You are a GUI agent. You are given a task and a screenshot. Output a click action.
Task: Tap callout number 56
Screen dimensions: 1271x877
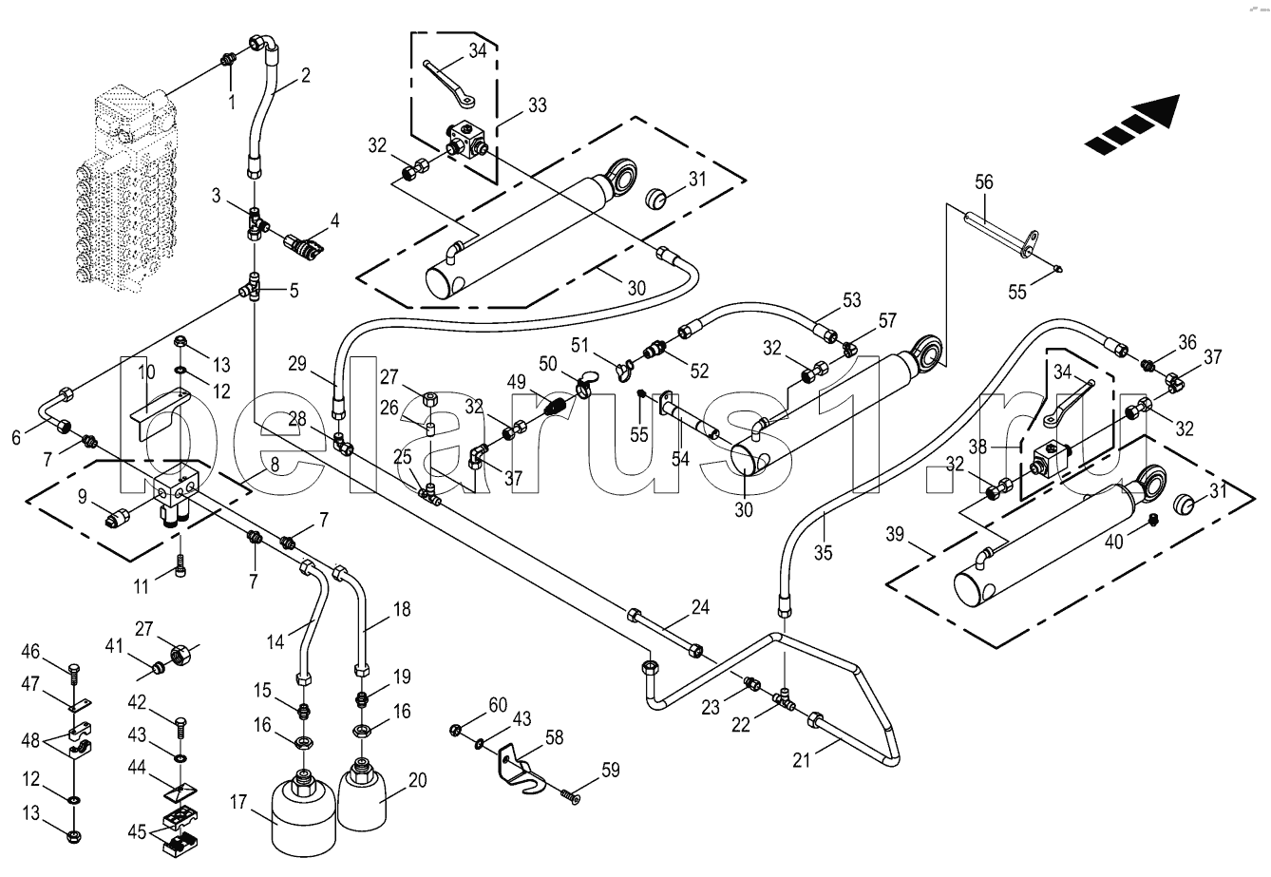[984, 182]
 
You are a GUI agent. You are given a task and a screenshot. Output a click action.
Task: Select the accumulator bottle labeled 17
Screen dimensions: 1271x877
[304, 811]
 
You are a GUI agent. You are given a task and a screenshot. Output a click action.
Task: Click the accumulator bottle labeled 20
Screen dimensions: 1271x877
[363, 795]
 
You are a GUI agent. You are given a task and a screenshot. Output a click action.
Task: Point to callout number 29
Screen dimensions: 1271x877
[297, 364]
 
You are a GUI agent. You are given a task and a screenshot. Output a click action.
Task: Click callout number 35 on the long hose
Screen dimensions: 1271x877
[823, 552]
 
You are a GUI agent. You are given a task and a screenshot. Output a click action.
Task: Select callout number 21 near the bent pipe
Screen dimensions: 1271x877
[801, 760]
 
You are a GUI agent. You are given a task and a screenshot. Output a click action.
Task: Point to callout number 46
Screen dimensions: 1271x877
[30, 651]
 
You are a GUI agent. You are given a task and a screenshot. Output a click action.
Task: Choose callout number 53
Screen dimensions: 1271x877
[852, 300]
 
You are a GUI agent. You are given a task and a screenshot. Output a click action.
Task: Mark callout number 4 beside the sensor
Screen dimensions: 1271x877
[334, 220]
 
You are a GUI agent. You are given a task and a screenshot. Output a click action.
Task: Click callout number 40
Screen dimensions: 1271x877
[1114, 542]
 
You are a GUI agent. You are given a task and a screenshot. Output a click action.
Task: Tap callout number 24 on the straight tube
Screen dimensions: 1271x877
[700, 607]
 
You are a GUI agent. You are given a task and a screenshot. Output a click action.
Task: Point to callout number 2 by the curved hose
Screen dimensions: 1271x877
[306, 75]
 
